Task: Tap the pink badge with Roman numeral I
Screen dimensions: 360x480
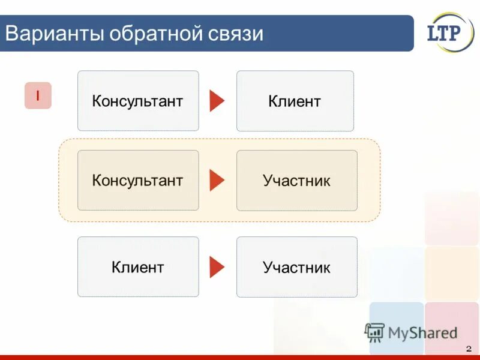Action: point(38,95)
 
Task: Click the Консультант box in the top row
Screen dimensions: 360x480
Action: point(138,101)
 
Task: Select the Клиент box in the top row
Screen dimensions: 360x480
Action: point(295,101)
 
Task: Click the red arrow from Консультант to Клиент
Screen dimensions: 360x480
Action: point(217,101)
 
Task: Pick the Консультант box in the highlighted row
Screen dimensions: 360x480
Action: point(138,180)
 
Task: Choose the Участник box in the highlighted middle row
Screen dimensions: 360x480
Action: point(296,180)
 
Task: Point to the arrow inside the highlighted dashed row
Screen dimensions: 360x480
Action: point(217,180)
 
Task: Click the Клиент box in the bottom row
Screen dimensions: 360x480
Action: point(138,267)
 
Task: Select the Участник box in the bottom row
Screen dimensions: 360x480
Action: point(296,267)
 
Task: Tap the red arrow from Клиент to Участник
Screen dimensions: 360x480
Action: point(217,267)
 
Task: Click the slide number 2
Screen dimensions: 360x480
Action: point(468,349)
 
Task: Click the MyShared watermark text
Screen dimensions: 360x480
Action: point(423,332)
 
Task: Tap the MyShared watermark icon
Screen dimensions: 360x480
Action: point(374,332)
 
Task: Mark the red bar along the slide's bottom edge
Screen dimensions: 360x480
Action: point(240,357)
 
